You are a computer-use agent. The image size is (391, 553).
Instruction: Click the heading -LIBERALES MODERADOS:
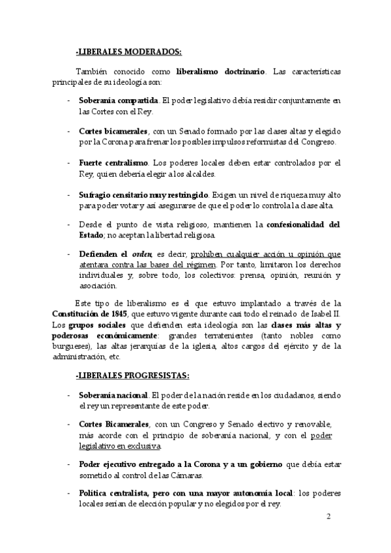[128, 52]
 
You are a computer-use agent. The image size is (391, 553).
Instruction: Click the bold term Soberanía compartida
[118, 101]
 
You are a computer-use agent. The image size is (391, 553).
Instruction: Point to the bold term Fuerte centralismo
[113, 162]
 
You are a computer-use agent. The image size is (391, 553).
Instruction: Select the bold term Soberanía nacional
[114, 395]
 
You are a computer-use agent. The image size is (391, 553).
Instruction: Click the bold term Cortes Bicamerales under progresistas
[115, 424]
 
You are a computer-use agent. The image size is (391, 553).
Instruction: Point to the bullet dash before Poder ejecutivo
[69, 464]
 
